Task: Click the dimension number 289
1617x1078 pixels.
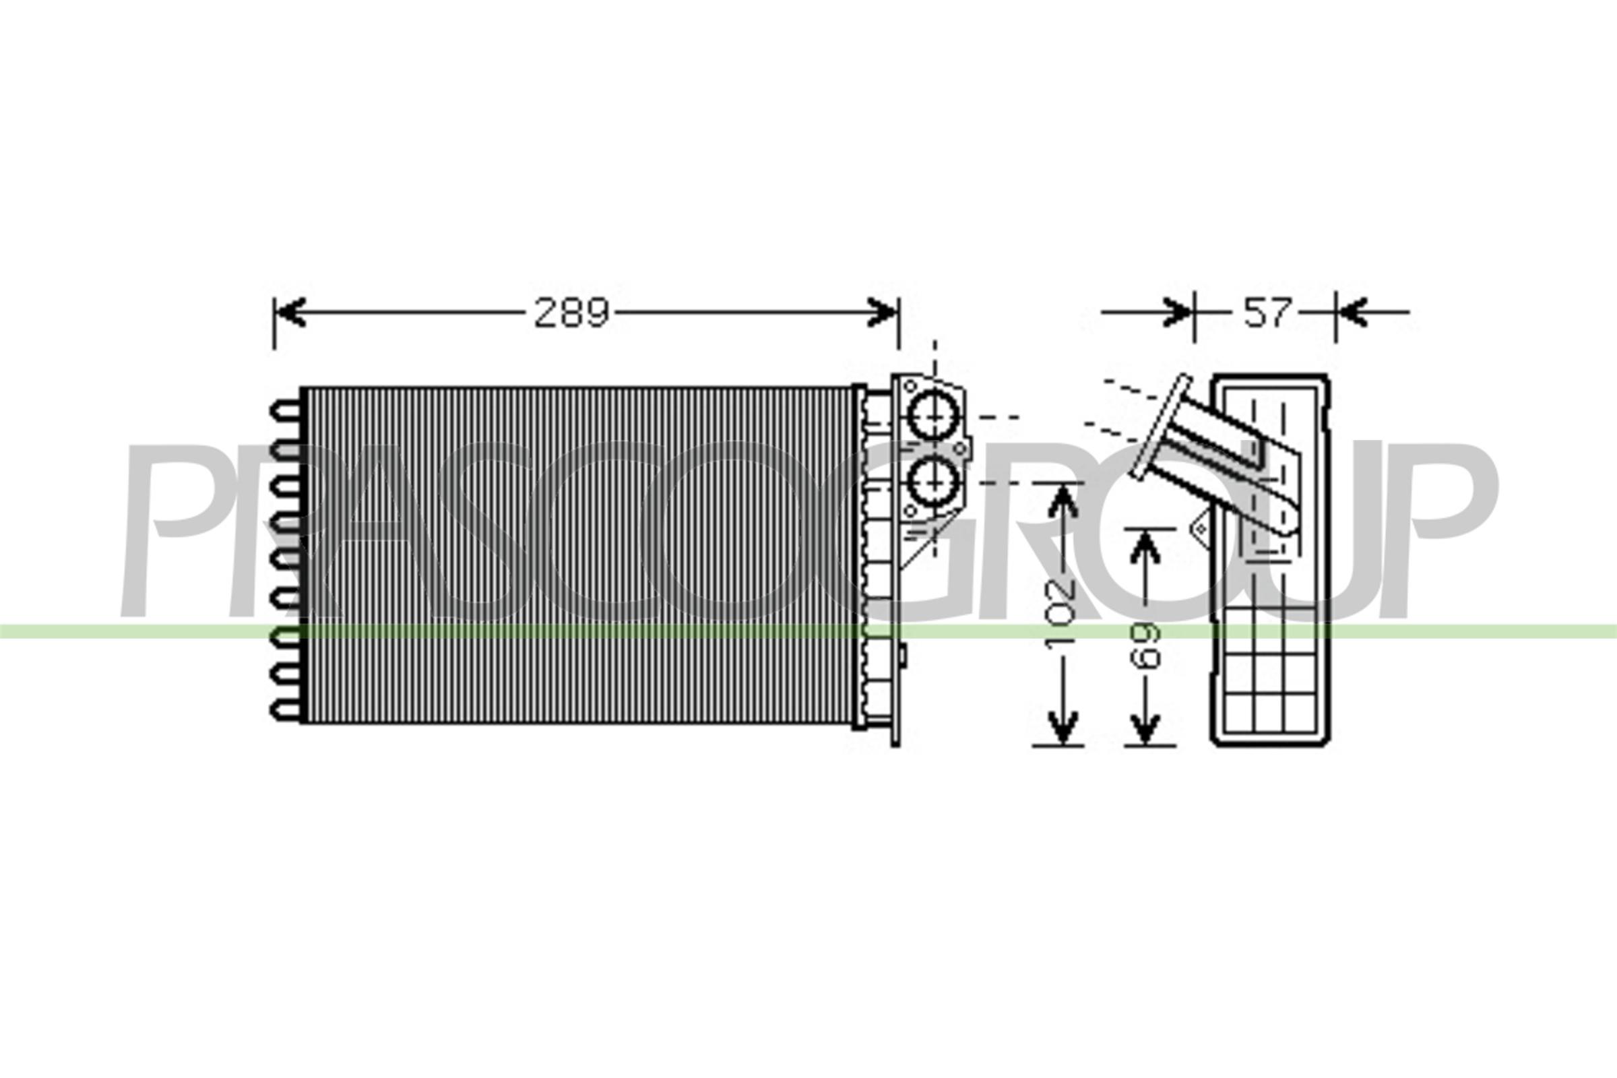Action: click(x=571, y=313)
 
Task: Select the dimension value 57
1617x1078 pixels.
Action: click(x=1267, y=313)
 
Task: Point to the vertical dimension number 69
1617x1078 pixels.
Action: click(x=1145, y=645)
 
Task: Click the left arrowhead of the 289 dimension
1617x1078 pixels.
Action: click(x=289, y=313)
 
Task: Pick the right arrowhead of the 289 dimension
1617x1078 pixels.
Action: click(x=883, y=313)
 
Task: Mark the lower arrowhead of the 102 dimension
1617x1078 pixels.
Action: click(x=1065, y=729)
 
